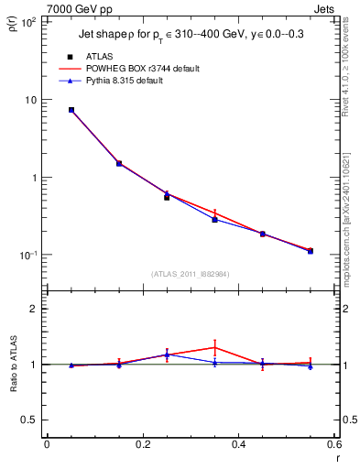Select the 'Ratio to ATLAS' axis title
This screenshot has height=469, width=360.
point(12,365)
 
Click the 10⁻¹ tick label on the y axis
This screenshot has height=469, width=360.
point(27,255)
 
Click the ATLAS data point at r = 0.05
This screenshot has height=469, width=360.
point(71,110)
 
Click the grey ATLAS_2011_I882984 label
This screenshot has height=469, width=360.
point(191,274)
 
